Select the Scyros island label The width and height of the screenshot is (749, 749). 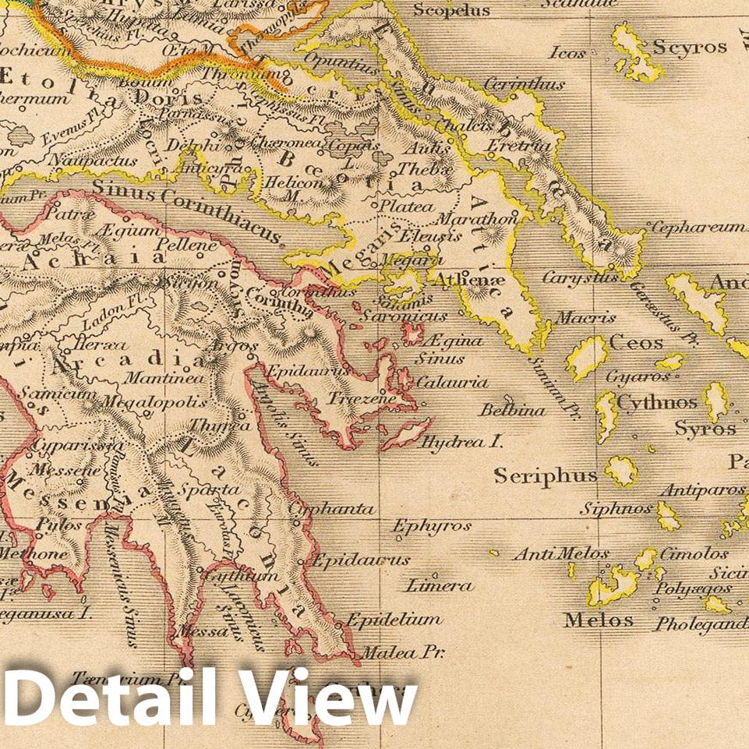coord(690,47)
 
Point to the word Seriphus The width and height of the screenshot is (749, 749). coord(546,475)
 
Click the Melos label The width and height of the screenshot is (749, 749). coord(599,620)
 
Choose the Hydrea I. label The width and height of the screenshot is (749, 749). coord(461,442)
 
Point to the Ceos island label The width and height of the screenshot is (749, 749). coord(636,343)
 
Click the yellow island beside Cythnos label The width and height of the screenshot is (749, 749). coord(606,413)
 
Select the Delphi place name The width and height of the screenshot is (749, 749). coord(201,146)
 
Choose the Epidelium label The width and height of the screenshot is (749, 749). coord(394,620)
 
